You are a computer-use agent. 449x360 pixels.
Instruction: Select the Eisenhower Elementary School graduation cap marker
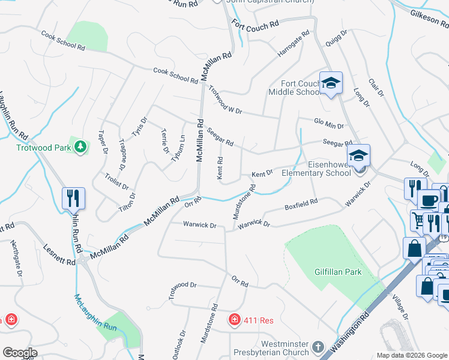click(x=358, y=155)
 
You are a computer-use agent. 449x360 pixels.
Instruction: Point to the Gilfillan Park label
click(x=338, y=272)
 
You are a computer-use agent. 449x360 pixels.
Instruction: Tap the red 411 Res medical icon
click(x=235, y=320)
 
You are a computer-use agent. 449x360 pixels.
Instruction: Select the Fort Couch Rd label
click(x=256, y=25)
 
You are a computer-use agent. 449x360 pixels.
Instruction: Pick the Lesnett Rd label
click(x=59, y=254)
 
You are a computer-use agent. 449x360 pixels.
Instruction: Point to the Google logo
click(x=20, y=353)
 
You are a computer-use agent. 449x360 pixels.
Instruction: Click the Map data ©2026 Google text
click(x=411, y=355)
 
